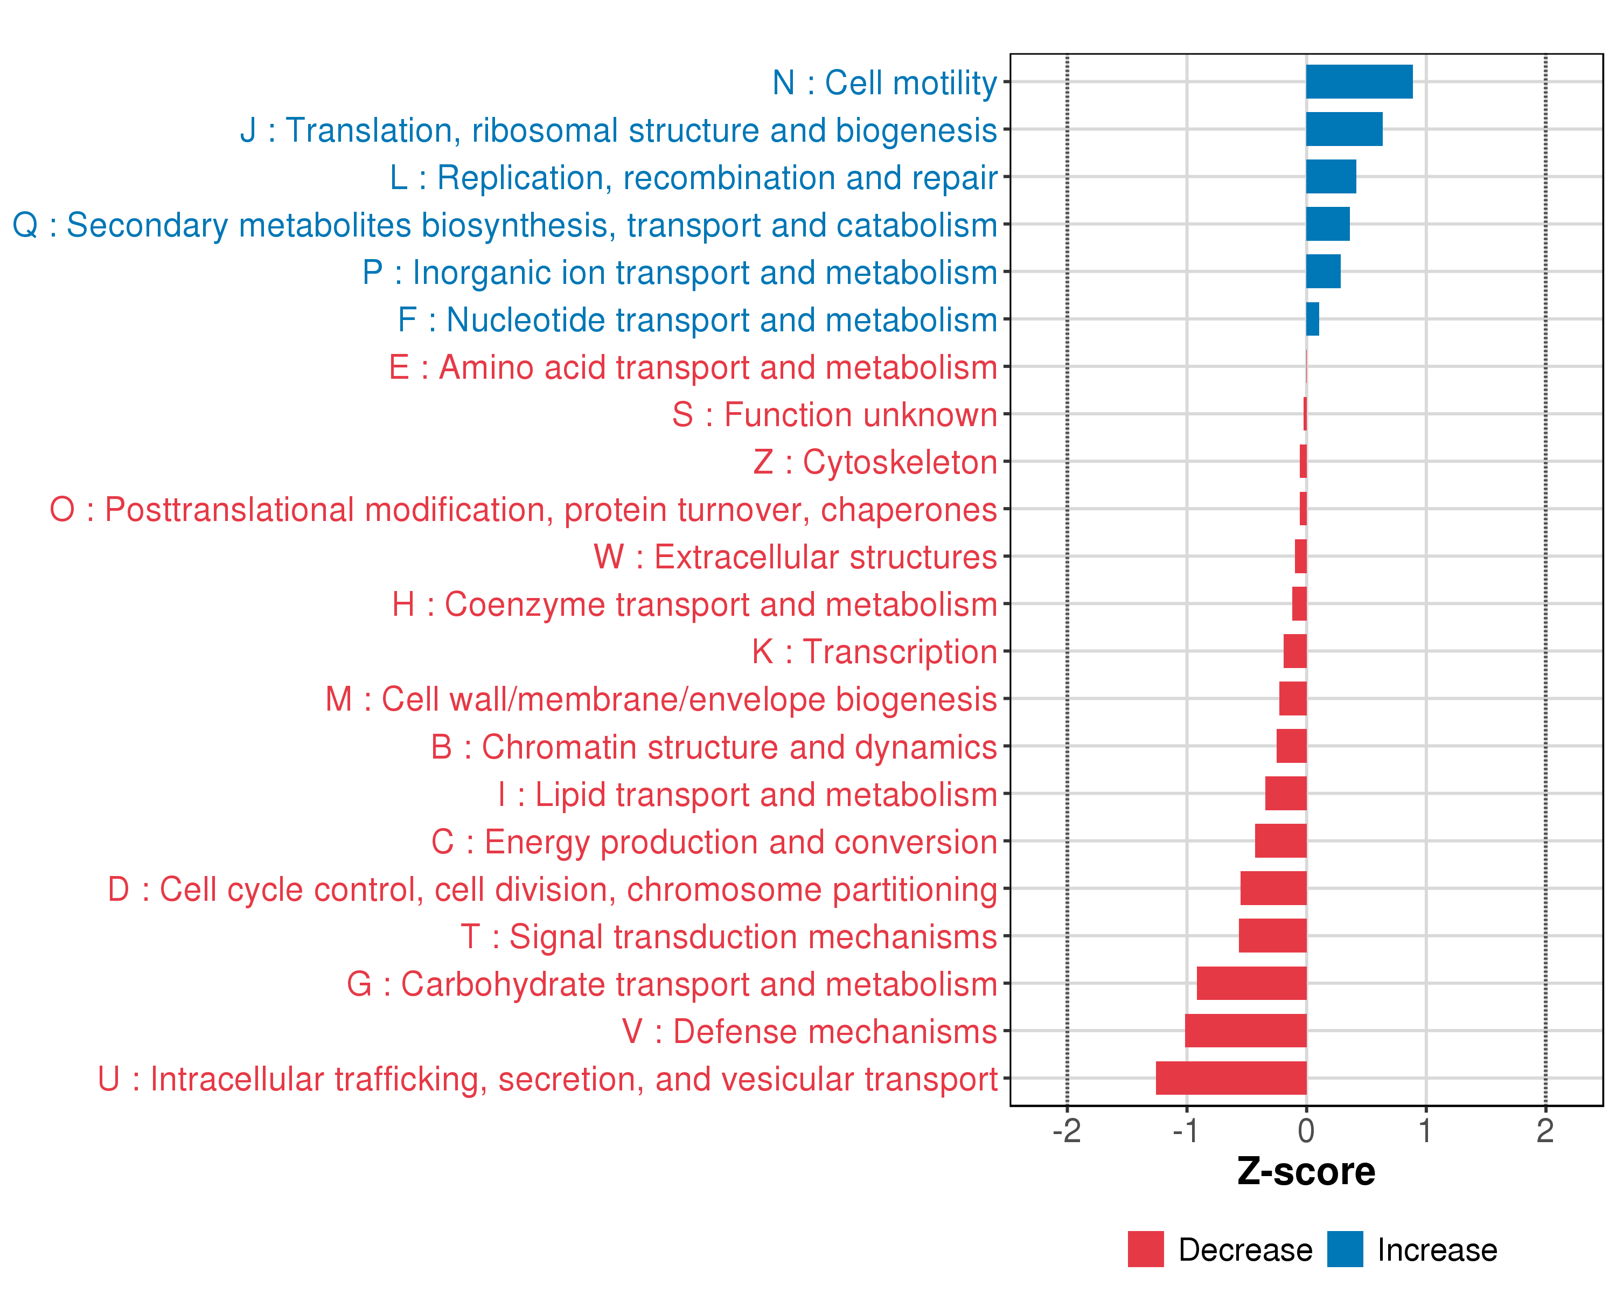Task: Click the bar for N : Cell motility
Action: (1359, 82)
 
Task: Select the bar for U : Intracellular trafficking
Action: (1231, 1078)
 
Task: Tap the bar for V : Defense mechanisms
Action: (1246, 1031)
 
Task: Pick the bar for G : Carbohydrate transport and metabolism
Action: (1252, 983)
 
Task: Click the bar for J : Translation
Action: (1344, 129)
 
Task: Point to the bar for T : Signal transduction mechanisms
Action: (1273, 935)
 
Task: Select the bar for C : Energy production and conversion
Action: (1280, 841)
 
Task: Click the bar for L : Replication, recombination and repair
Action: (1331, 176)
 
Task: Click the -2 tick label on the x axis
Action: (1067, 1131)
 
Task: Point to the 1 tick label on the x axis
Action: (1425, 1131)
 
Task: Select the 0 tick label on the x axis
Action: (1306, 1131)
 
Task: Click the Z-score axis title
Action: (1306, 1172)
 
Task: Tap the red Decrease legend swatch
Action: (1145, 1249)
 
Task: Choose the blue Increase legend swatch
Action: (1345, 1249)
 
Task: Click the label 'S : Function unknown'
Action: (834, 414)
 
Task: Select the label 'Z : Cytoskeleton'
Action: (875, 462)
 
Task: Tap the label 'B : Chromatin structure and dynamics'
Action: (714, 747)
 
